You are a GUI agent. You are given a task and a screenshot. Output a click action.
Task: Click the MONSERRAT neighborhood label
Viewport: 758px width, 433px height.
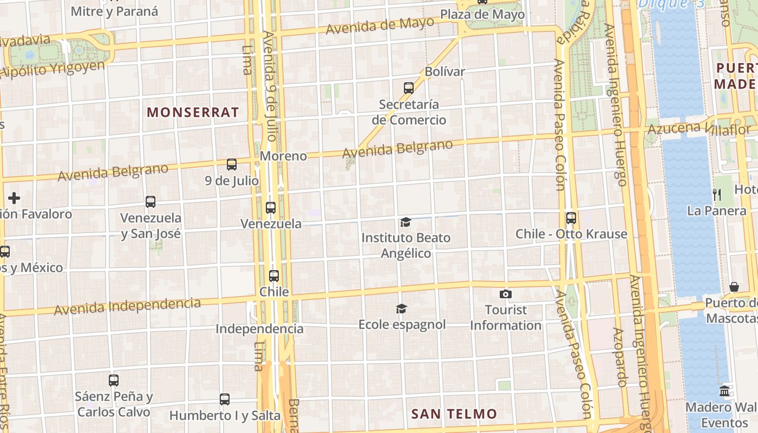point(193,112)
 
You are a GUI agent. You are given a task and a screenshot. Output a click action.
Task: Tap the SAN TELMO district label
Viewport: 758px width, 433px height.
point(454,414)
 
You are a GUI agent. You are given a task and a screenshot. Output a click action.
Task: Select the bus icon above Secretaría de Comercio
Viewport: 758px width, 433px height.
point(409,88)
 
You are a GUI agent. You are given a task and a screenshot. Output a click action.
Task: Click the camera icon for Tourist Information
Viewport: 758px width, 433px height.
point(506,294)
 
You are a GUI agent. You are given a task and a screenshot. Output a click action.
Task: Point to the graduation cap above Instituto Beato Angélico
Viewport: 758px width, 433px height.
point(406,221)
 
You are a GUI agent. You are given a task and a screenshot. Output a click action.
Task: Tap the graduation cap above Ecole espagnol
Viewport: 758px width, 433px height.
point(401,309)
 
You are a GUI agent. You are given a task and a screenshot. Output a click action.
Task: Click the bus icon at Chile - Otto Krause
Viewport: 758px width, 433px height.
point(571,218)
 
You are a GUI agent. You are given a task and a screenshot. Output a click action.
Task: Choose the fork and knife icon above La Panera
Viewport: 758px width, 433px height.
point(717,195)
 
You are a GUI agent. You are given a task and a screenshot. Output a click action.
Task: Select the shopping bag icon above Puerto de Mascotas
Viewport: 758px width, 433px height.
point(734,287)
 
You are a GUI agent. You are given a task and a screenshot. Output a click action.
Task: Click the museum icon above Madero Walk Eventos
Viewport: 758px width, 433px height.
point(724,391)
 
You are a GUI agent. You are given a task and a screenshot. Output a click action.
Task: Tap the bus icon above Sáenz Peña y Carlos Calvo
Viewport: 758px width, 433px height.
point(114,380)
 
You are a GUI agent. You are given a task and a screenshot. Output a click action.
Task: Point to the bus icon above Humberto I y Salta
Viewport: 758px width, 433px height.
point(225,399)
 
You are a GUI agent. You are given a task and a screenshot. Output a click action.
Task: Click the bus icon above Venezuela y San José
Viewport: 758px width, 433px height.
point(151,202)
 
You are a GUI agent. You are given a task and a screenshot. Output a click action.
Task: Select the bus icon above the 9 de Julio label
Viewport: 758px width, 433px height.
point(232,165)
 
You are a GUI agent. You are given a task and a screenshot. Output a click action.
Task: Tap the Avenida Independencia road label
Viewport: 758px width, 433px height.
point(127,306)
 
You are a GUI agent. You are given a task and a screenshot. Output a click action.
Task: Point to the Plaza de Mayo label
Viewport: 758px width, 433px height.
point(482,15)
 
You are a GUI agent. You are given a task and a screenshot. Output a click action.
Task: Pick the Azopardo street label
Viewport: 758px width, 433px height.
point(620,357)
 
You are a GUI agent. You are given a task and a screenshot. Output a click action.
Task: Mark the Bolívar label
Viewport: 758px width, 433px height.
point(445,71)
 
